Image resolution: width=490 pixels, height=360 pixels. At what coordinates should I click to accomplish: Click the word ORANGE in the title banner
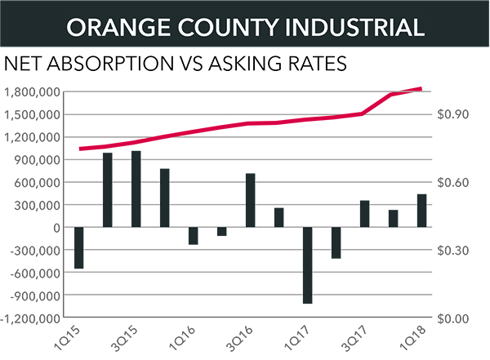tap(115, 26)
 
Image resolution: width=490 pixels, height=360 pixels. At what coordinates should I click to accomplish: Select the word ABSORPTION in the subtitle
tap(122, 62)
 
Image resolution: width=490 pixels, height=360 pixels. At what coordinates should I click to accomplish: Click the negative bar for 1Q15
tap(79, 247)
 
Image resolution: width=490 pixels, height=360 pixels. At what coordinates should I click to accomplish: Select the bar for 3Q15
tap(136, 189)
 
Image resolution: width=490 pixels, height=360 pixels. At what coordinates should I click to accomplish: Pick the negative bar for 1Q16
tap(194, 235)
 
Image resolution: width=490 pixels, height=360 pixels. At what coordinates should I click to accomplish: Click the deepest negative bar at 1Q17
tap(307, 265)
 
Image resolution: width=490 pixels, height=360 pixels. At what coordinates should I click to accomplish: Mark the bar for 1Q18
tap(421, 211)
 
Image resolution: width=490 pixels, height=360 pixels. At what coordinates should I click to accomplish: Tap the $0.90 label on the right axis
tap(462, 114)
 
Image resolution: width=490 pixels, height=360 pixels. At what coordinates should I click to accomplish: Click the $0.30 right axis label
tap(462, 251)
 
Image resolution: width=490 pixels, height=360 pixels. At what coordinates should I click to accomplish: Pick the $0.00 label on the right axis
tap(462, 318)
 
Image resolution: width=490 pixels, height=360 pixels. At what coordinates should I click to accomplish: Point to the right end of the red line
tap(421, 88)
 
